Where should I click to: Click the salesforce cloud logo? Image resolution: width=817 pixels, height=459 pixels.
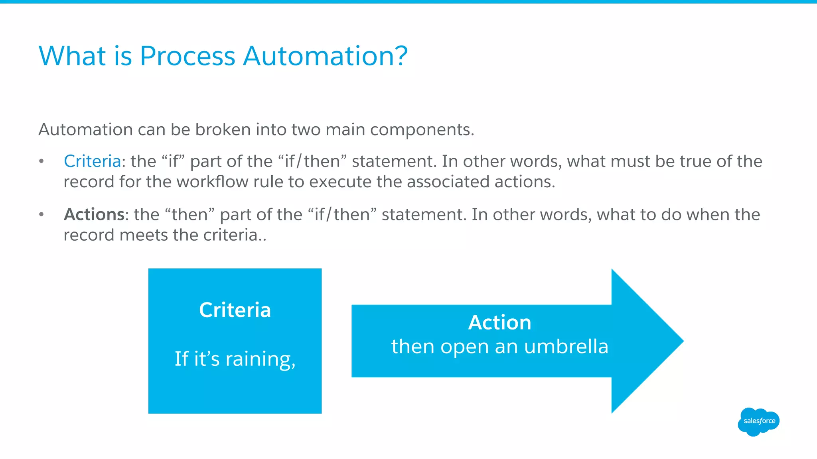758,421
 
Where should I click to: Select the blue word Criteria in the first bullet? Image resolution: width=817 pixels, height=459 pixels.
92,161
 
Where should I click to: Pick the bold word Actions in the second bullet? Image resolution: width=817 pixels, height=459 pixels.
94,215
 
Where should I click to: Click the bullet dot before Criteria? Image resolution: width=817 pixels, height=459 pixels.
41,161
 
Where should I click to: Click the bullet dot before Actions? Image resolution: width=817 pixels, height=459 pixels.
41,215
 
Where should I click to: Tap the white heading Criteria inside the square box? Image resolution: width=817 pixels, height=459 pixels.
235,310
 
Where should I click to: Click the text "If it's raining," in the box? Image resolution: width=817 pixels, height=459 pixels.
235,359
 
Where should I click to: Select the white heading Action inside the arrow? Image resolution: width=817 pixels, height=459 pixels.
499,322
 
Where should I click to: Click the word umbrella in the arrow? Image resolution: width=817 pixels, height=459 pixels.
566,346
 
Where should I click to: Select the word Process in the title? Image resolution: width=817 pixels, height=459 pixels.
187,56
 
